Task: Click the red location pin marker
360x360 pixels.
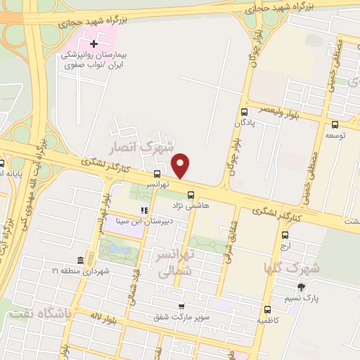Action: pos(181,165)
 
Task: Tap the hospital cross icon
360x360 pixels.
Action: pos(94,44)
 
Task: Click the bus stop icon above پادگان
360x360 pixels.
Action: pos(244,112)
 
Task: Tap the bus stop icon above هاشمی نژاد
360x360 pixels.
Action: pos(190,195)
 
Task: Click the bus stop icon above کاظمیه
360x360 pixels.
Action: pos(266,309)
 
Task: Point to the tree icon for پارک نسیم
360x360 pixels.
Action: pos(302,287)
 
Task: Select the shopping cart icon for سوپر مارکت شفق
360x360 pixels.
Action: pos(182,307)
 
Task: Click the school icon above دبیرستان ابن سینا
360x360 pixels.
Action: pos(144,210)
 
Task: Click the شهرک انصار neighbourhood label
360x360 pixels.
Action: pos(139,148)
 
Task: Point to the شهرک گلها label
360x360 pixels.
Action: pos(292,268)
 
